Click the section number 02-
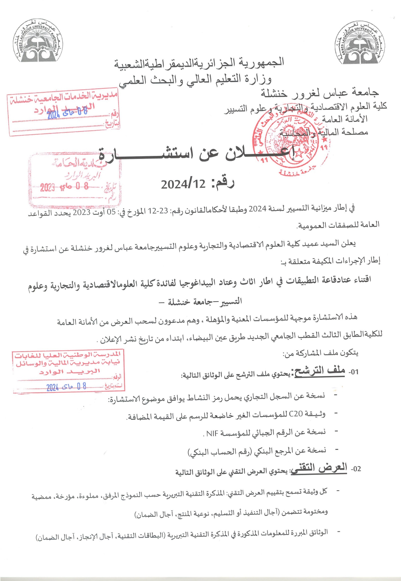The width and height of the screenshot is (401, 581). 356,469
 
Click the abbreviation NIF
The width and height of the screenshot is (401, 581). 212,433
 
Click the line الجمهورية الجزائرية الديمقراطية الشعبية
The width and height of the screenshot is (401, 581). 199,63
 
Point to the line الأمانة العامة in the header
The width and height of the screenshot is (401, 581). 344,119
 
